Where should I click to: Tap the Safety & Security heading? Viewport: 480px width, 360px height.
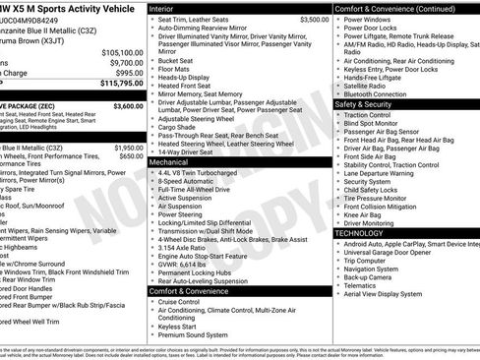coord(369,103)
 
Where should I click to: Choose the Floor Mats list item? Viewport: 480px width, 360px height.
coord(174,70)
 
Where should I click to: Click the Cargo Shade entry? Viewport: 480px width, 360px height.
coord(178,127)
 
